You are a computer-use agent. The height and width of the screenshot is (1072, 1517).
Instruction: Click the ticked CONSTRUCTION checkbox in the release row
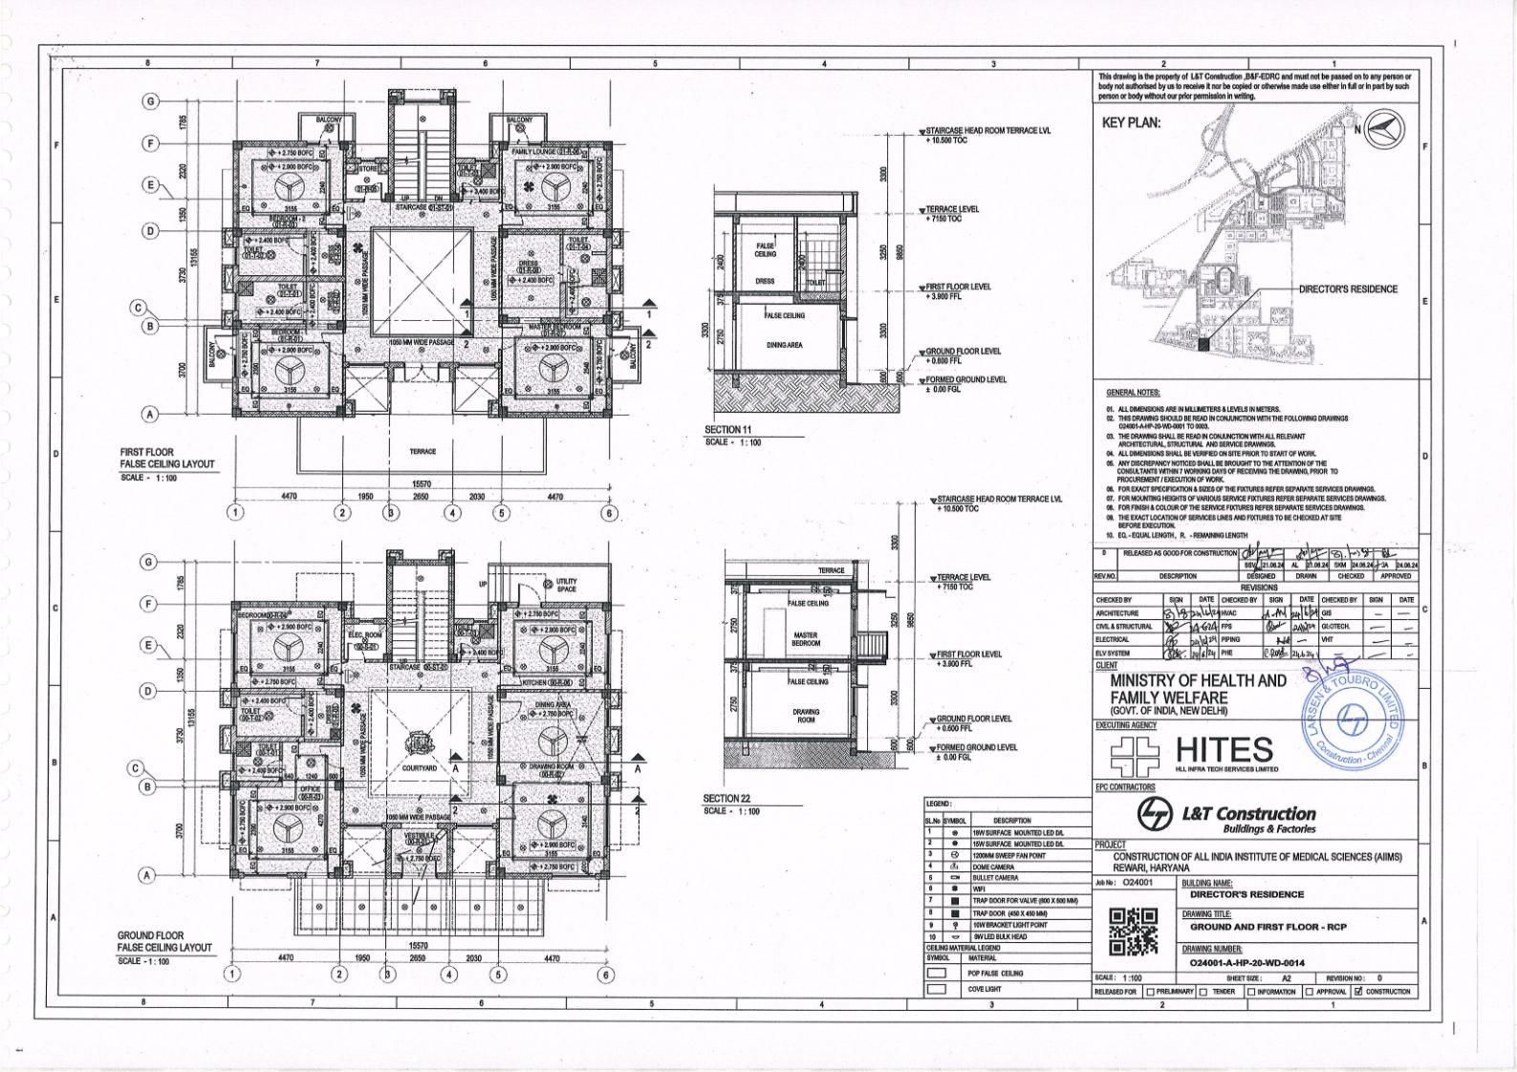coord(1358,991)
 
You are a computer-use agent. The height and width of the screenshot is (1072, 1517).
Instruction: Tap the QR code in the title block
coord(1133,931)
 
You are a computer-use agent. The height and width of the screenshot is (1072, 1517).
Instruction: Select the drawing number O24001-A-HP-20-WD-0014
coord(1246,963)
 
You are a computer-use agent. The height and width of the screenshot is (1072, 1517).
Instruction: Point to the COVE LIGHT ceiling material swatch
coord(937,989)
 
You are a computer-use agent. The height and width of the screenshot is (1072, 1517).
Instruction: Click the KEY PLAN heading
coord(1131,122)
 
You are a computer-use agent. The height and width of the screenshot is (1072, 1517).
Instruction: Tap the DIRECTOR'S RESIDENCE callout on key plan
coord(1347,289)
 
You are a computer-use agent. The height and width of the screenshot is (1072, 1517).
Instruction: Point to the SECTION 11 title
coord(728,430)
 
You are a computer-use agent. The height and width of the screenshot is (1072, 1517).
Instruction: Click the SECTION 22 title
coord(726,798)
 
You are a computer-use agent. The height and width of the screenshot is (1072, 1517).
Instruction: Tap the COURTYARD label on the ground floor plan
coord(419,768)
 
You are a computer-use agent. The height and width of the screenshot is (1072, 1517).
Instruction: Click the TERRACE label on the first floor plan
coord(423,452)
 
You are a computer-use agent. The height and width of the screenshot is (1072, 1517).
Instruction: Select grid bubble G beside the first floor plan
coord(150,101)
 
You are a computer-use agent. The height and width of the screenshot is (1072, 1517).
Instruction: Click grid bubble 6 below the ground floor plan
coord(605,975)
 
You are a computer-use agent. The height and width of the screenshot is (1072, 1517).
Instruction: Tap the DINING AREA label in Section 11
coord(784,345)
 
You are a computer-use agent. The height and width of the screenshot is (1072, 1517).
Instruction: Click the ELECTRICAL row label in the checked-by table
coord(1113,639)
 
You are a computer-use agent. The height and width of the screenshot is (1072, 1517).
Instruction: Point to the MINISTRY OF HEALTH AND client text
coord(1198,681)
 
